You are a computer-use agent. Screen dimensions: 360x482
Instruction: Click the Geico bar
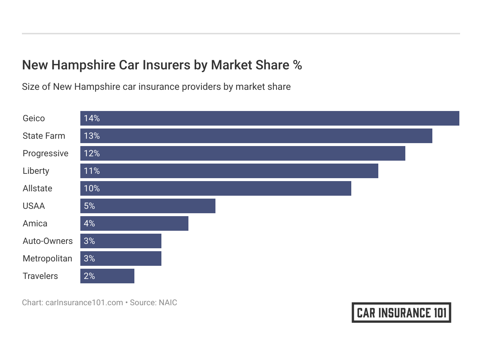coord(269,118)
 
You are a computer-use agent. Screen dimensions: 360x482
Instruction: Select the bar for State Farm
coord(256,136)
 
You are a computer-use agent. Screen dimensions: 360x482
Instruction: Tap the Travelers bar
coord(107,276)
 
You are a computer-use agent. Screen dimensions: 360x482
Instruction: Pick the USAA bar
coord(148,206)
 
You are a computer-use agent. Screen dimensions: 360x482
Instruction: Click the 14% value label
coord(92,118)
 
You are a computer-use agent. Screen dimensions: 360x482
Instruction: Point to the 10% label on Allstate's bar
coord(92,188)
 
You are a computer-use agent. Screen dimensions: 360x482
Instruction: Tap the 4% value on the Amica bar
coord(89,223)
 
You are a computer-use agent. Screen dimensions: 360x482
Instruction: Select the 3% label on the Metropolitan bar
coord(89,258)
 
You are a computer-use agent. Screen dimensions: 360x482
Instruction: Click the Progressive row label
coord(45,153)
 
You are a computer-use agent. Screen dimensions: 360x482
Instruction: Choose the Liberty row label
coord(36,171)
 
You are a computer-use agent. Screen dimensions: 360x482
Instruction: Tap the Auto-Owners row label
coord(47,241)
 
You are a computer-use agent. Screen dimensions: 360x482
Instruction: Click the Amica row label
coord(35,223)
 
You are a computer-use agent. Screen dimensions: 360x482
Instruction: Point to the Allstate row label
coord(37,188)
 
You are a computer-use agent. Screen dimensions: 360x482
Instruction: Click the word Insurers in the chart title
coord(166,65)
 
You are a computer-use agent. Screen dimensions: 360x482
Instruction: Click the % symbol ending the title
coord(297,65)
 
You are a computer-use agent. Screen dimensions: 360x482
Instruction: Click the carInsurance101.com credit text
coord(84,303)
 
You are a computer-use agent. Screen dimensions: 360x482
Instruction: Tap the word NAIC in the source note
coord(168,303)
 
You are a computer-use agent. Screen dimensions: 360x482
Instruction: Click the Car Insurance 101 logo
coord(401,313)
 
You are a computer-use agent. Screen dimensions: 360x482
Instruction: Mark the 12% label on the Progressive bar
coord(92,153)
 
